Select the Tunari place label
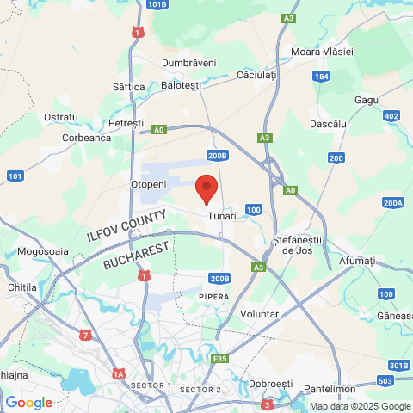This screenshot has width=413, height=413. (x=221, y=216)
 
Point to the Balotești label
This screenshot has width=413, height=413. (x=182, y=86)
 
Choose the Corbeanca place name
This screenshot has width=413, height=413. (x=87, y=137)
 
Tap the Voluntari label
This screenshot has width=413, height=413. (x=261, y=314)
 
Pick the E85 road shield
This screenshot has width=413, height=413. (x=220, y=357)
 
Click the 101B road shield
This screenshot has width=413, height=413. (x=157, y=4)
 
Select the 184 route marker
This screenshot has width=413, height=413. (x=321, y=77)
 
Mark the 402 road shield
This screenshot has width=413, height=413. (x=391, y=116)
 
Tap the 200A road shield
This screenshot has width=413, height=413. (x=393, y=203)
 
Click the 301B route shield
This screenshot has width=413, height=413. (x=398, y=366)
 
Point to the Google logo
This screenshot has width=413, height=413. (x=28, y=403)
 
